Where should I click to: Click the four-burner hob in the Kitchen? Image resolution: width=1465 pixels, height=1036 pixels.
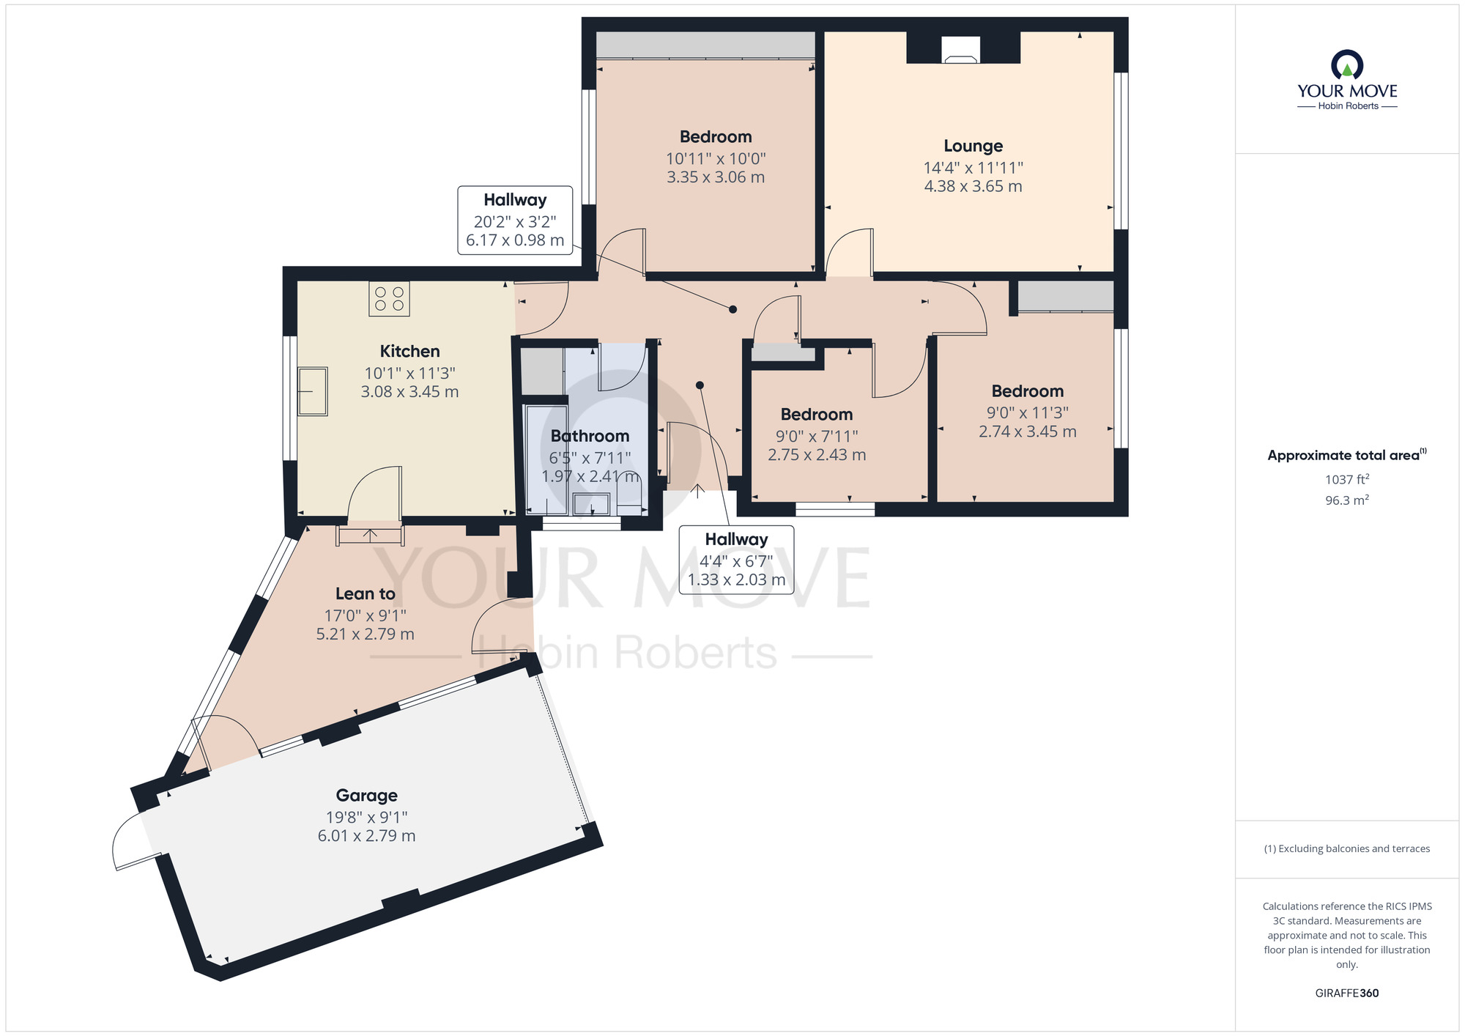coord(389,299)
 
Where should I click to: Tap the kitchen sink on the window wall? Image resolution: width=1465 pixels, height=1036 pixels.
coord(313,391)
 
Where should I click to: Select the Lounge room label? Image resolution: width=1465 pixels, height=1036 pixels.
coord(973,146)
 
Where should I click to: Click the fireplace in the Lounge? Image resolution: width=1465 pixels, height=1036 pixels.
coord(960,49)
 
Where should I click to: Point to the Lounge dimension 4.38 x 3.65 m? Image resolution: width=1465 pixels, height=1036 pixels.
coord(973,186)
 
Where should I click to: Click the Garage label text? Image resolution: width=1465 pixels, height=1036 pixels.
coord(366,795)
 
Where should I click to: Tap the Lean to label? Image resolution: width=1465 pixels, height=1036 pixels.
coord(365,593)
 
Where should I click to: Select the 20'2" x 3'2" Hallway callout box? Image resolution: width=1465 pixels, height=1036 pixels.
coord(515,221)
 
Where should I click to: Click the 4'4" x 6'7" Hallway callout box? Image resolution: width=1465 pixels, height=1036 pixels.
coord(736,560)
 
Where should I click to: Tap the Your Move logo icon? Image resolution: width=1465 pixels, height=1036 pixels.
coord(1346,65)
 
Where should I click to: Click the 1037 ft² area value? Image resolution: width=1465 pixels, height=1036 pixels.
coord(1346,479)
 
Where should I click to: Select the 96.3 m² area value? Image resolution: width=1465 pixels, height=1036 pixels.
coord(1346,500)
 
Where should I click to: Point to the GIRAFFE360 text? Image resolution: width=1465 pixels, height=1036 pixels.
coord(1346,994)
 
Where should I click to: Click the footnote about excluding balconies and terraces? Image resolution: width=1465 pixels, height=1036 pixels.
coord(1346,848)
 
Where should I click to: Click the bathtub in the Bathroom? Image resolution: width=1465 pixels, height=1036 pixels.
coord(546,458)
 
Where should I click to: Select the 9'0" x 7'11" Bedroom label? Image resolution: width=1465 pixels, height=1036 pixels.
coord(816,415)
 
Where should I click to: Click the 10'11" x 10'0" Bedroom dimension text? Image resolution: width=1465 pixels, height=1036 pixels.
coord(715,159)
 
